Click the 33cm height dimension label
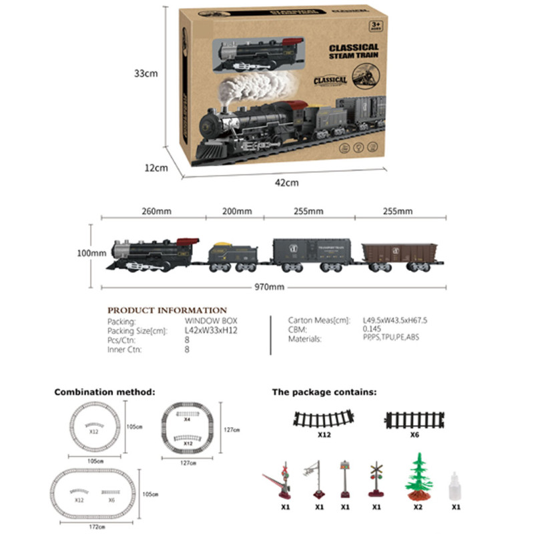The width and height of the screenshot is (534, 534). point(146,73)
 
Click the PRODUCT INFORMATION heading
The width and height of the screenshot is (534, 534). point(168,310)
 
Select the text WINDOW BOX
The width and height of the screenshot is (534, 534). point(207,321)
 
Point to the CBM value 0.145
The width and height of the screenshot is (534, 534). point(371,330)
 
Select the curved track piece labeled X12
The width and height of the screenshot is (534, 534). point(324,420)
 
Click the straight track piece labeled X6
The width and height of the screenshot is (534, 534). point(413,420)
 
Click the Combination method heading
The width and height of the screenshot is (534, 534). point(105,392)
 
